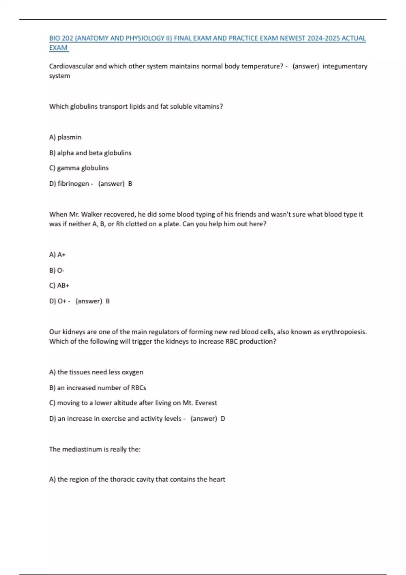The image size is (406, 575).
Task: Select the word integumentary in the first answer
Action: (x=345, y=66)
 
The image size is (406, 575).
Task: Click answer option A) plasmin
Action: (x=65, y=137)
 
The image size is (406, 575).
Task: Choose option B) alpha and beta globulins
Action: (x=90, y=153)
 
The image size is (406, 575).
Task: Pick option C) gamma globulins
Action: (x=79, y=168)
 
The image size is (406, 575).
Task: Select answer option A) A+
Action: (x=57, y=255)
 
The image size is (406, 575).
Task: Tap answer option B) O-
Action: (x=57, y=271)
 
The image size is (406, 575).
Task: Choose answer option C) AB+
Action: (x=59, y=285)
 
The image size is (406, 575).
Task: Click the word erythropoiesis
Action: (x=343, y=332)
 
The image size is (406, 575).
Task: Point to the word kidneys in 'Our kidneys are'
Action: (x=74, y=332)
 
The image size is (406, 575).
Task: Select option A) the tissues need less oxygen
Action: (x=96, y=372)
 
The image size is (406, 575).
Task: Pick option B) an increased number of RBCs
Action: (x=98, y=388)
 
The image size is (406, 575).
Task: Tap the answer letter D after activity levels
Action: (x=223, y=419)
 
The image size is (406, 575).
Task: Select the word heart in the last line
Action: (x=217, y=479)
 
